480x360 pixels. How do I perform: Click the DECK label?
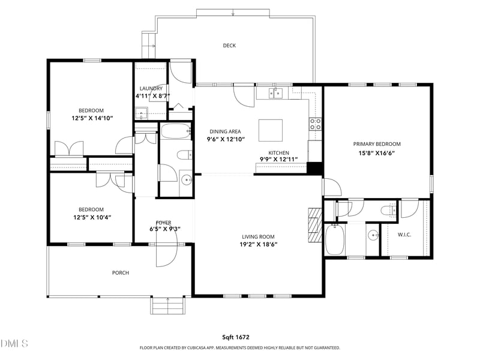[x=229, y=46]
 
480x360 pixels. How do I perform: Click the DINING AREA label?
[x=225, y=131]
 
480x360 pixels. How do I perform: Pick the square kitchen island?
[x=270, y=130]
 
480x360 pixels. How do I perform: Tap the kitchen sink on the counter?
[x=276, y=93]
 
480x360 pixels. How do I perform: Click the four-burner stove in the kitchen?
[x=315, y=124]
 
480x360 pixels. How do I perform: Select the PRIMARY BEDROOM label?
[x=377, y=144]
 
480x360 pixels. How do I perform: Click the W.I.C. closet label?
[x=405, y=235]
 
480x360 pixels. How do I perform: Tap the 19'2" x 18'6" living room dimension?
[x=259, y=244]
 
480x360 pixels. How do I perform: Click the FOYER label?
[x=164, y=223]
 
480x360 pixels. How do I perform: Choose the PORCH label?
[x=121, y=273]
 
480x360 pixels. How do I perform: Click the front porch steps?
[x=167, y=307]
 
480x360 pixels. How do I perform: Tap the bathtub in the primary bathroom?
[x=335, y=239]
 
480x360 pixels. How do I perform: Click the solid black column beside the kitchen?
[x=314, y=168]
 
